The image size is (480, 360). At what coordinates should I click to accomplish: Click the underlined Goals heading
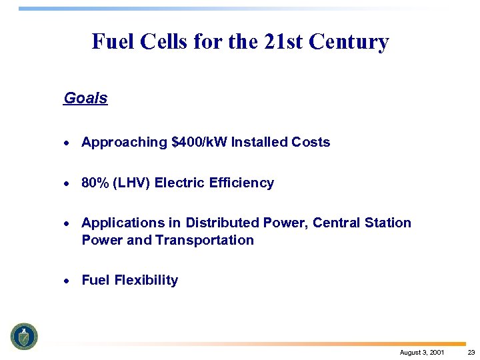click(85, 99)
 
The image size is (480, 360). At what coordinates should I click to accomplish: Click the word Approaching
click(124, 142)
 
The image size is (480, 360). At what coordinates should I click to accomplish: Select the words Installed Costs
click(281, 142)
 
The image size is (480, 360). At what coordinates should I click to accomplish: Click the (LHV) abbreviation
click(131, 183)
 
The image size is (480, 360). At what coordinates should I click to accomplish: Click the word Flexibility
click(146, 280)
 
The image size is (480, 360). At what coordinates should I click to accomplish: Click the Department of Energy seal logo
click(24, 336)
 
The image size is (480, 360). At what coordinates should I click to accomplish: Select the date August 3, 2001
click(421, 352)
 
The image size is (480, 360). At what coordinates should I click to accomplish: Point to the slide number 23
click(471, 352)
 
